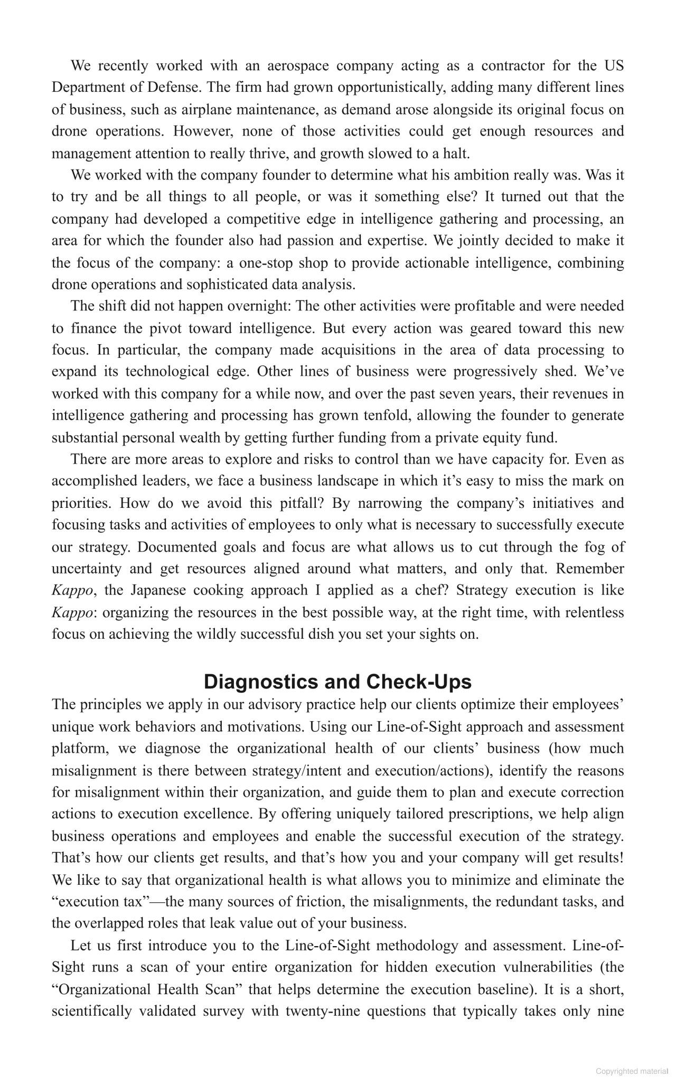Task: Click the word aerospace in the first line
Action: tap(298, 65)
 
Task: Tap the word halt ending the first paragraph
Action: tap(456, 153)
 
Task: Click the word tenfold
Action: tap(387, 415)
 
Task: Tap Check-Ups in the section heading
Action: tap(419, 682)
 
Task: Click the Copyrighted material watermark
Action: tap(632, 1071)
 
